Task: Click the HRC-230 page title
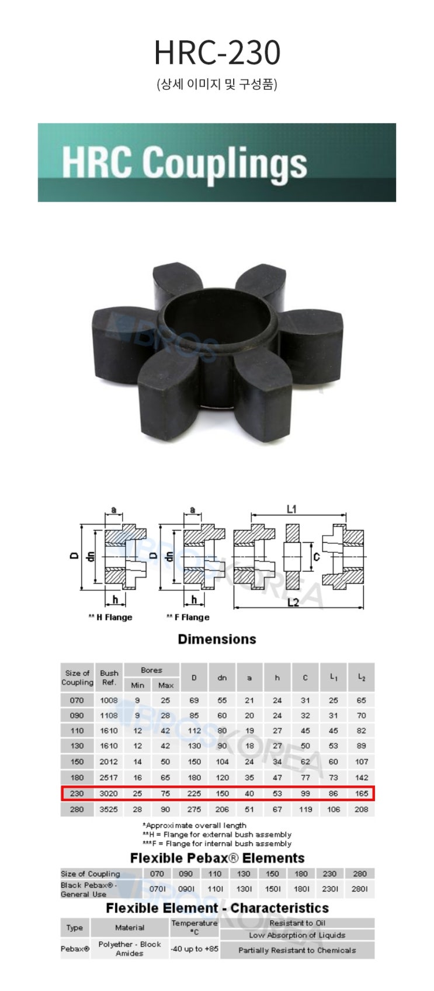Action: pos(217,53)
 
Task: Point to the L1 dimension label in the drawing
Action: pos(291,509)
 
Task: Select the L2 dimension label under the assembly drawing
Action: pos(293,602)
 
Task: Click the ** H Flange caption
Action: pos(110,617)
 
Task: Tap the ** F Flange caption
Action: pos(188,617)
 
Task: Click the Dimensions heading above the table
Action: pos(217,639)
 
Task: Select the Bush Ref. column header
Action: pos(109,677)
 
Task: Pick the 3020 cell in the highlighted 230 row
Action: pos(109,794)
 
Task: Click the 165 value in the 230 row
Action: pos(361,794)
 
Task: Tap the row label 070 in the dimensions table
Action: pos(77,700)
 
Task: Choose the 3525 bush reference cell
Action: pos(109,809)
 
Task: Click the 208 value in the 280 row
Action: pos(361,809)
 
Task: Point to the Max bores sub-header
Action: pos(165,685)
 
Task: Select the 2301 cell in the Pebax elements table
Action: pos(330,889)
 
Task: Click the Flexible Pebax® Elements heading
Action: pos(217,858)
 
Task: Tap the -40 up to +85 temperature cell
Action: pos(194,948)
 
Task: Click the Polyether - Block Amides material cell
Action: pos(130,948)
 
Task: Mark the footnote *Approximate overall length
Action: pos(195,825)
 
